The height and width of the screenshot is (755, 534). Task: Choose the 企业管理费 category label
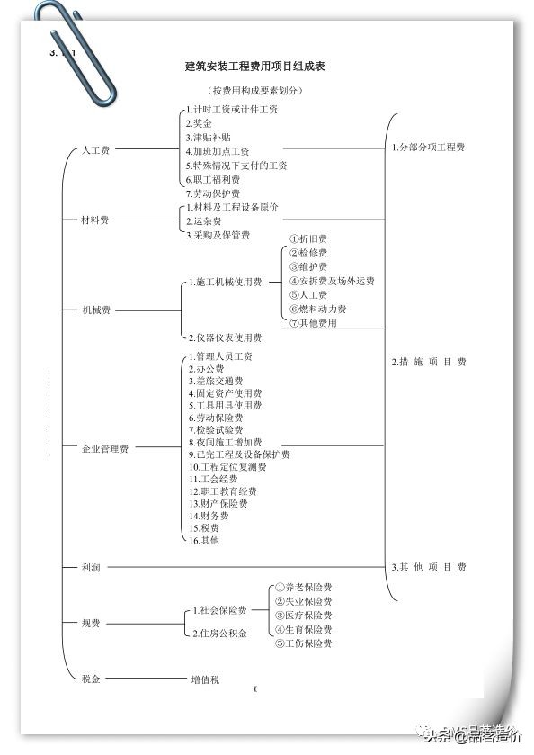coord(104,448)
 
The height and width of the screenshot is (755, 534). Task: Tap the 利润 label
coord(90,567)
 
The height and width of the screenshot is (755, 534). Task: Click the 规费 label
coord(90,623)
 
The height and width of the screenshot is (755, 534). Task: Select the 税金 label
coord(90,679)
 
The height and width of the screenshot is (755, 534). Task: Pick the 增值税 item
coord(205,679)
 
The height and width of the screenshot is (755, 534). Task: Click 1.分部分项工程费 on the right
coord(428,147)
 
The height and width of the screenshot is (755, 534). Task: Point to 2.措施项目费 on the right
coord(429,362)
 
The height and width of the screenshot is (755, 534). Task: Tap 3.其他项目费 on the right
coord(429,567)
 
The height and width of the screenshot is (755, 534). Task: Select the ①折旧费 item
coord(307,239)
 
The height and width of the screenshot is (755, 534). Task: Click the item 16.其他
coord(203,540)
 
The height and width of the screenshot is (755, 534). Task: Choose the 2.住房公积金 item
coord(222,634)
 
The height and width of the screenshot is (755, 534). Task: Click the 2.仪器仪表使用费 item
coord(225,337)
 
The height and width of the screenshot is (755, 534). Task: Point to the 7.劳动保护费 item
coord(212,193)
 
